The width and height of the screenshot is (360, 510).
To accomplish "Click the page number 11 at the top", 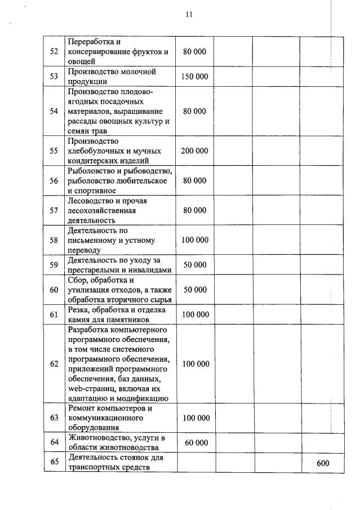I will pos(189,15).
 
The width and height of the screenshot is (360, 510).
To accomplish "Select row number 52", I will pos(54,52).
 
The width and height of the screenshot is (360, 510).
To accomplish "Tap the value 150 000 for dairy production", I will pos(194,77).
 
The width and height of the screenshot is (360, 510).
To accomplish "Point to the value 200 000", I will pos(194,151).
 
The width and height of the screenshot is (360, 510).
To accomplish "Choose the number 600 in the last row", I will pos(323,463).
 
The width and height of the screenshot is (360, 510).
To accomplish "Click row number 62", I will pos(54,364).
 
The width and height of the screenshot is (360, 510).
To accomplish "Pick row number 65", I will pos(54,463).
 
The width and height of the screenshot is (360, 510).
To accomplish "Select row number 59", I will pos(54,265).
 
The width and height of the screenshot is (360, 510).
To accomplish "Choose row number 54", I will pos(54,112).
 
